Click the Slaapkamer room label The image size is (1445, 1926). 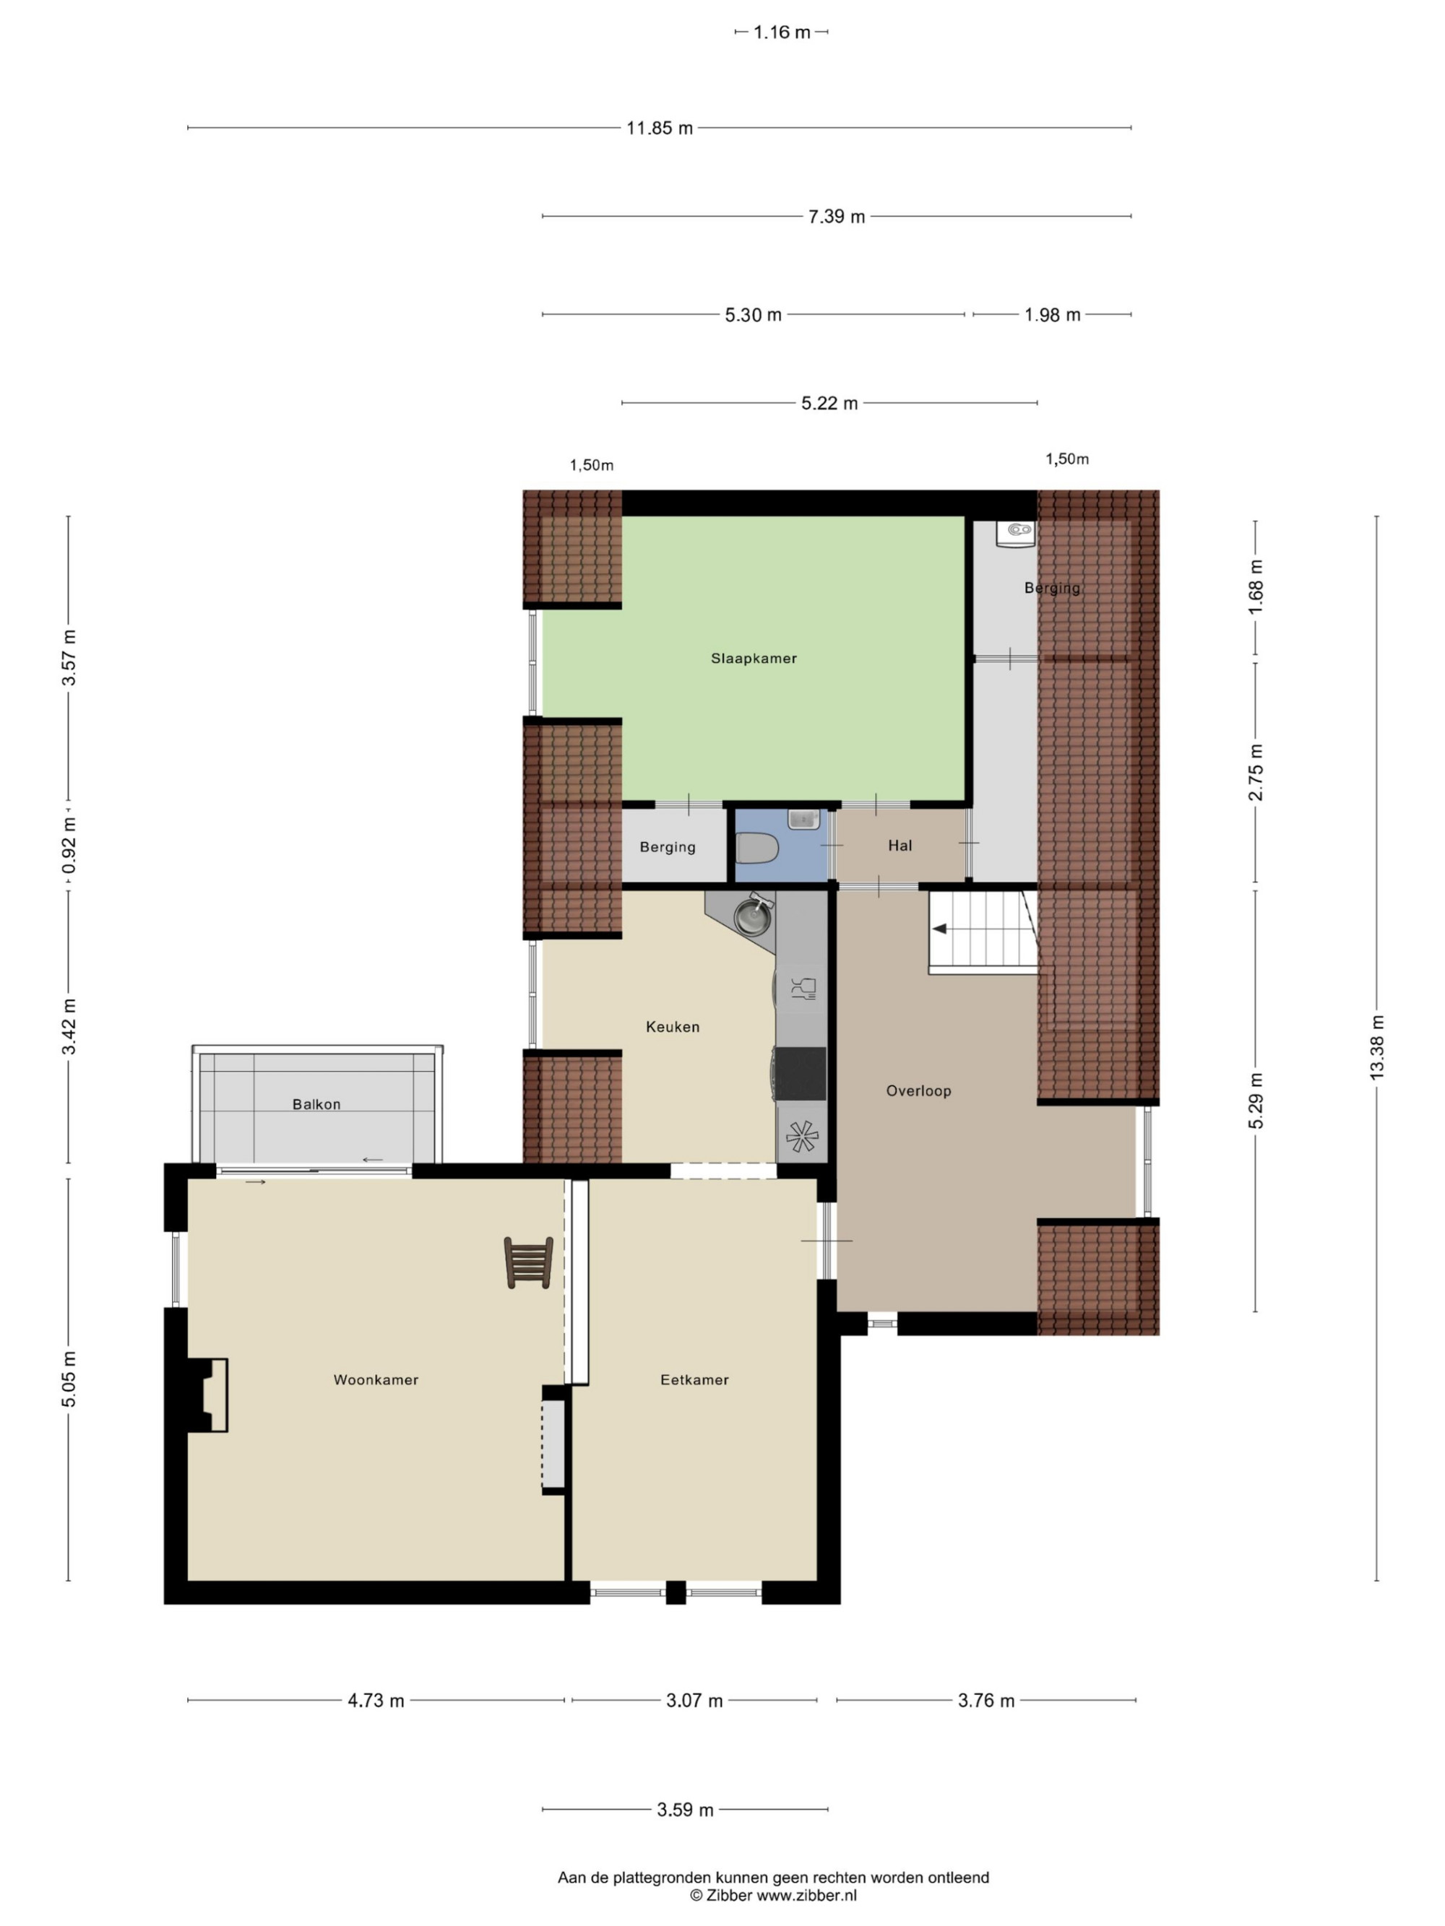point(754,659)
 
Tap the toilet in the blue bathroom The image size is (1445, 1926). point(755,847)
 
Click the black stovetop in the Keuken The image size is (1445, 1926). point(801,1074)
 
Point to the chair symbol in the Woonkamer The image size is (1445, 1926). point(528,1262)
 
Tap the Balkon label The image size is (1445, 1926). point(316,1104)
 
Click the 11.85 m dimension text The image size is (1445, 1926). point(660,128)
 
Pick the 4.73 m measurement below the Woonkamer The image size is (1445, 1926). point(376,1701)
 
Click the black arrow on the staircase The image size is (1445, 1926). point(941,929)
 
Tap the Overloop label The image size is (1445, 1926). point(918,1091)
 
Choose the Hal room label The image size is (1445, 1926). point(900,846)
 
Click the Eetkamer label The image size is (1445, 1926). point(694,1379)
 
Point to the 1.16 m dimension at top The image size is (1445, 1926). point(781,32)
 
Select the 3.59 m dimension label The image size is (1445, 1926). point(685,1810)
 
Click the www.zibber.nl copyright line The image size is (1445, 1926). point(774,1895)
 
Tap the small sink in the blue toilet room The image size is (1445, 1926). point(801,820)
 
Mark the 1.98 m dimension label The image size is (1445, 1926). point(1052,314)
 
